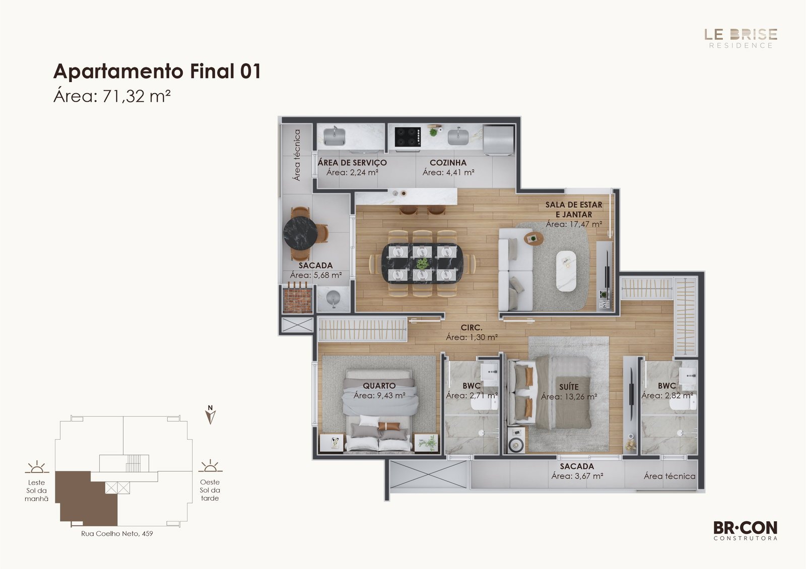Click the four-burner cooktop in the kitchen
click(x=408, y=137)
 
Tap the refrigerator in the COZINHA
click(x=498, y=140)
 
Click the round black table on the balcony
click(x=300, y=233)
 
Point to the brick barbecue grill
click(x=297, y=299)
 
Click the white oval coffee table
click(x=566, y=271)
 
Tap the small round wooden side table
click(x=533, y=238)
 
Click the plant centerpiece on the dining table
click(x=423, y=264)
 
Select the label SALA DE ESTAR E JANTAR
click(x=574, y=210)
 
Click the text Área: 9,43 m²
click(x=379, y=395)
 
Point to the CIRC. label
click(x=472, y=328)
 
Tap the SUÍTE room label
click(x=569, y=387)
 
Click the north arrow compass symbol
click(x=211, y=415)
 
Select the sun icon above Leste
click(x=37, y=466)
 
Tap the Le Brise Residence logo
click(x=741, y=38)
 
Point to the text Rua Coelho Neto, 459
click(x=117, y=534)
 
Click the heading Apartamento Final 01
click(x=157, y=71)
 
